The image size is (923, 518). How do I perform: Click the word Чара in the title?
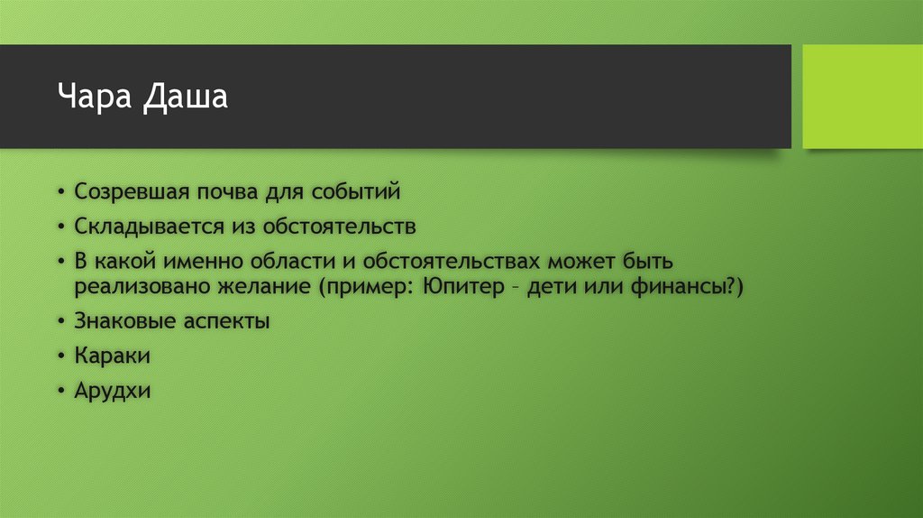96,96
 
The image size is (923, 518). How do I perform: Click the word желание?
261,287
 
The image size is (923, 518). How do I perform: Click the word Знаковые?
123,321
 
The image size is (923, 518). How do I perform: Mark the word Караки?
113,356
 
